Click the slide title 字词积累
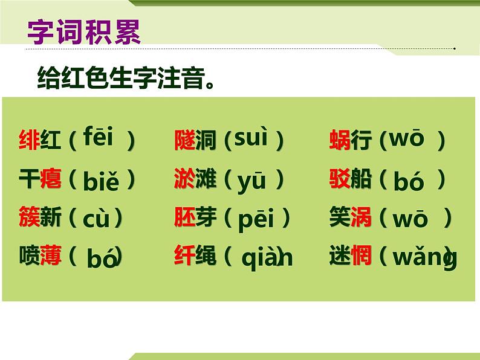pos(84,32)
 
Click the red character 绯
pos(29,140)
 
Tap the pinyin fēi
pos(99,136)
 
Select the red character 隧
pos(184,140)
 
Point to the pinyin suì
pos(251,137)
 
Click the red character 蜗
pos(340,140)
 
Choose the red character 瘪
pos(51,178)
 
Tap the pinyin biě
pos(101,181)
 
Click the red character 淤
pos(184,178)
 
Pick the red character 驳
pos(340,178)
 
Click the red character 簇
pos(29,217)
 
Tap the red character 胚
pos(184,217)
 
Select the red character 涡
pos(362,217)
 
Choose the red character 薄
pos(51,255)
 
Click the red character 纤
pos(184,255)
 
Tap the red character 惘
pos(362,255)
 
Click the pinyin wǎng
pos(425,257)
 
